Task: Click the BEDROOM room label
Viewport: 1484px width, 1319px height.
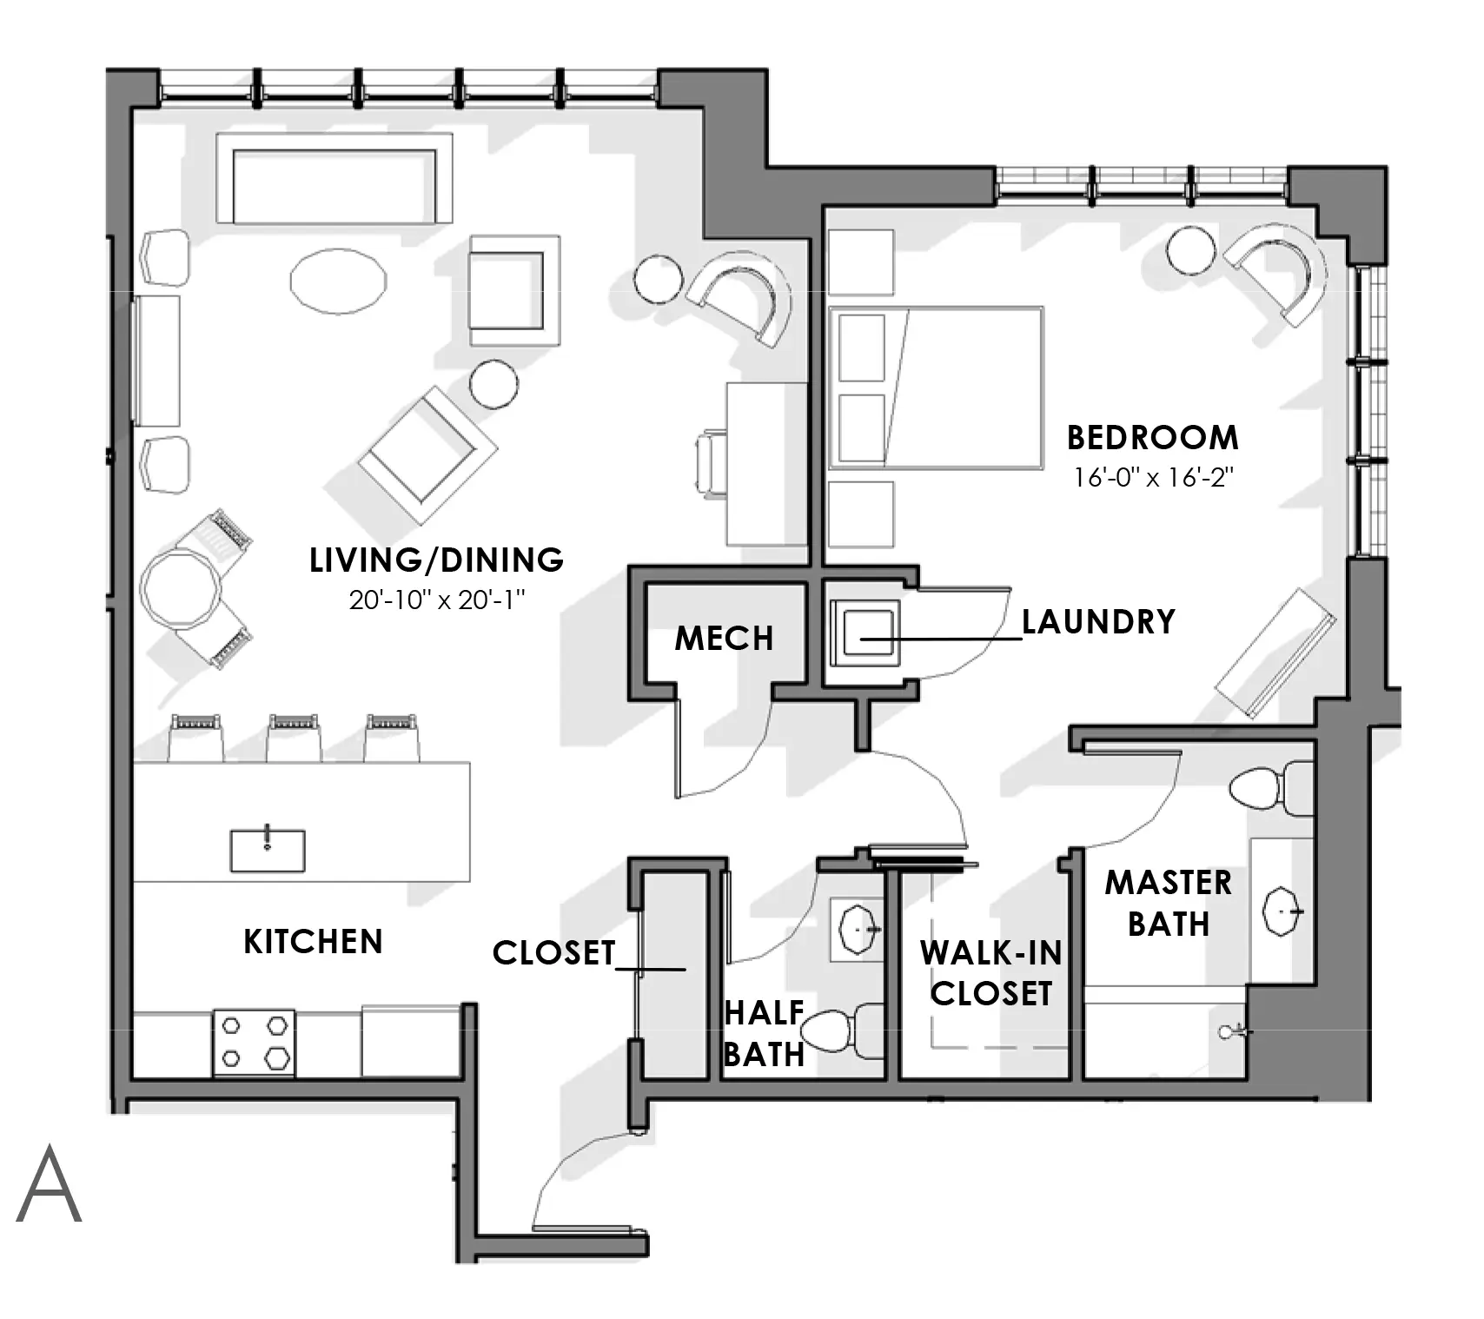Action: (x=1152, y=437)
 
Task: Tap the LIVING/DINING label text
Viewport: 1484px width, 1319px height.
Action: (x=437, y=560)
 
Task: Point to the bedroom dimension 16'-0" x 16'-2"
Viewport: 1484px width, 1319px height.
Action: (x=1153, y=477)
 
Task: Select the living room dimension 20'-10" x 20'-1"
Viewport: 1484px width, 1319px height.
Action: (x=438, y=599)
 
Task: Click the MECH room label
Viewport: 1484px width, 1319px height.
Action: (x=724, y=639)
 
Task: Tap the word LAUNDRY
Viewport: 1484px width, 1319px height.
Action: (x=1098, y=621)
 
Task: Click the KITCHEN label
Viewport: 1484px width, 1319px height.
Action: (x=313, y=942)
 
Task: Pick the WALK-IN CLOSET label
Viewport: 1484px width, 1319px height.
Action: (x=991, y=973)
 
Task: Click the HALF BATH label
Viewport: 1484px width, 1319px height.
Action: (x=764, y=1033)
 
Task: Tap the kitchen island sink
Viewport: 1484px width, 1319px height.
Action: (x=268, y=850)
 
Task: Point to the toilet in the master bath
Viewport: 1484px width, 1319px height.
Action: (x=1271, y=788)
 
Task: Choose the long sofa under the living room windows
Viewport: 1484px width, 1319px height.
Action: (x=335, y=178)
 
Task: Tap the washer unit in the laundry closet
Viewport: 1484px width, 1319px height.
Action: (x=864, y=632)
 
